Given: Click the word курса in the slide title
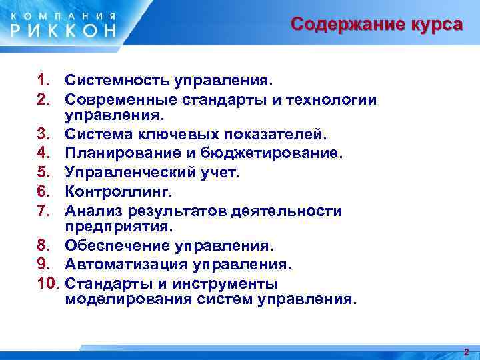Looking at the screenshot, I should [x=433, y=25].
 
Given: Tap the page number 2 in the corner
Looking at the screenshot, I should [x=466, y=352].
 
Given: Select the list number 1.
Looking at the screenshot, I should [x=44, y=81].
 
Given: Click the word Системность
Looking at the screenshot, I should [x=117, y=81].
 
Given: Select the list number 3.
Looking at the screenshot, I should [x=44, y=135].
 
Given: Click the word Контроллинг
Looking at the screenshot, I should [x=119, y=192].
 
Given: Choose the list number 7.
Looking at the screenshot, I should [x=44, y=211].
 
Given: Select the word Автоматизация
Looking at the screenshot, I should [x=127, y=265].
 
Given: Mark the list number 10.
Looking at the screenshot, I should [x=49, y=283].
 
